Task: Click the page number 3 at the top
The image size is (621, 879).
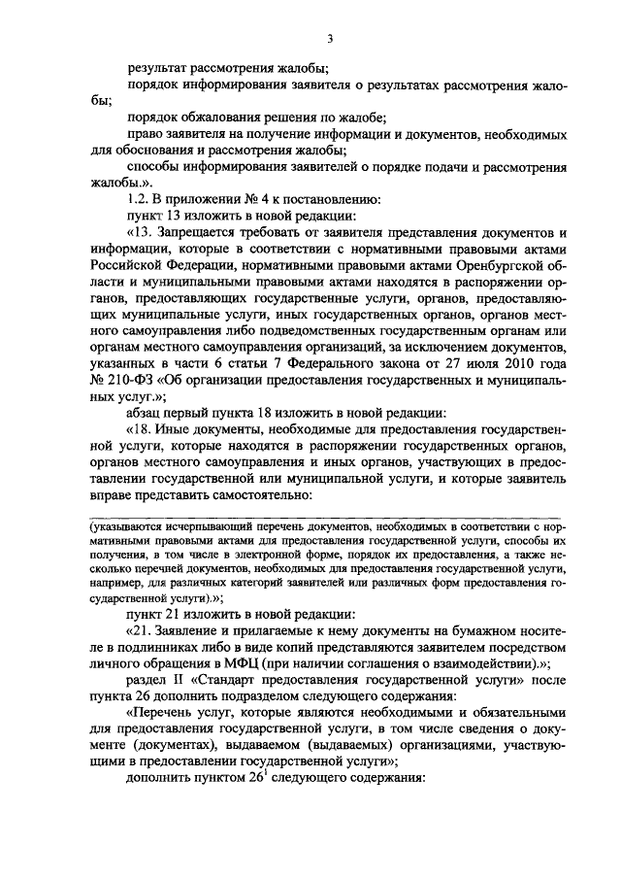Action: coord(331,39)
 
